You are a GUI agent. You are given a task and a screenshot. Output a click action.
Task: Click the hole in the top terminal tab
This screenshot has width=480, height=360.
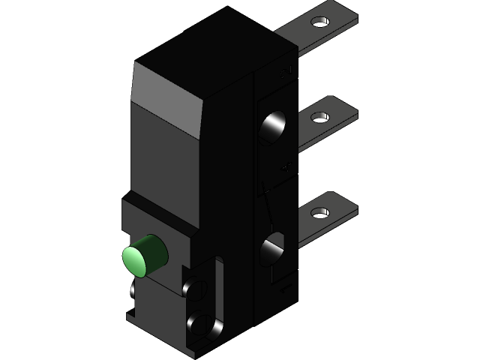(320, 22)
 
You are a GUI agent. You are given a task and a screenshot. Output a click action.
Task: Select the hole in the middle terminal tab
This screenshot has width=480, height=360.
(320, 117)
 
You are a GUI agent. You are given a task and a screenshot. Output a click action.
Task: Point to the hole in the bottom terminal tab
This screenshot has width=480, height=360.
(320, 212)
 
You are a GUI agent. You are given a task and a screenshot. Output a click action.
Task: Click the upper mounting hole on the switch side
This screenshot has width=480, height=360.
(273, 127)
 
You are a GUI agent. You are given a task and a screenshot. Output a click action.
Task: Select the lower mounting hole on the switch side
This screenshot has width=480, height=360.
(273, 250)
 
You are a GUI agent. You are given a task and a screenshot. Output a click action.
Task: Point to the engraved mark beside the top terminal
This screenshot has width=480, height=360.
(286, 71)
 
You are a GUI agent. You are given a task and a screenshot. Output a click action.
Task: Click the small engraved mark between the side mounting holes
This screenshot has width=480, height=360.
(285, 169)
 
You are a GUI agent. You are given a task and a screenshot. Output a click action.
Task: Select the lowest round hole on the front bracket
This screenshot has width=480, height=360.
(201, 323)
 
